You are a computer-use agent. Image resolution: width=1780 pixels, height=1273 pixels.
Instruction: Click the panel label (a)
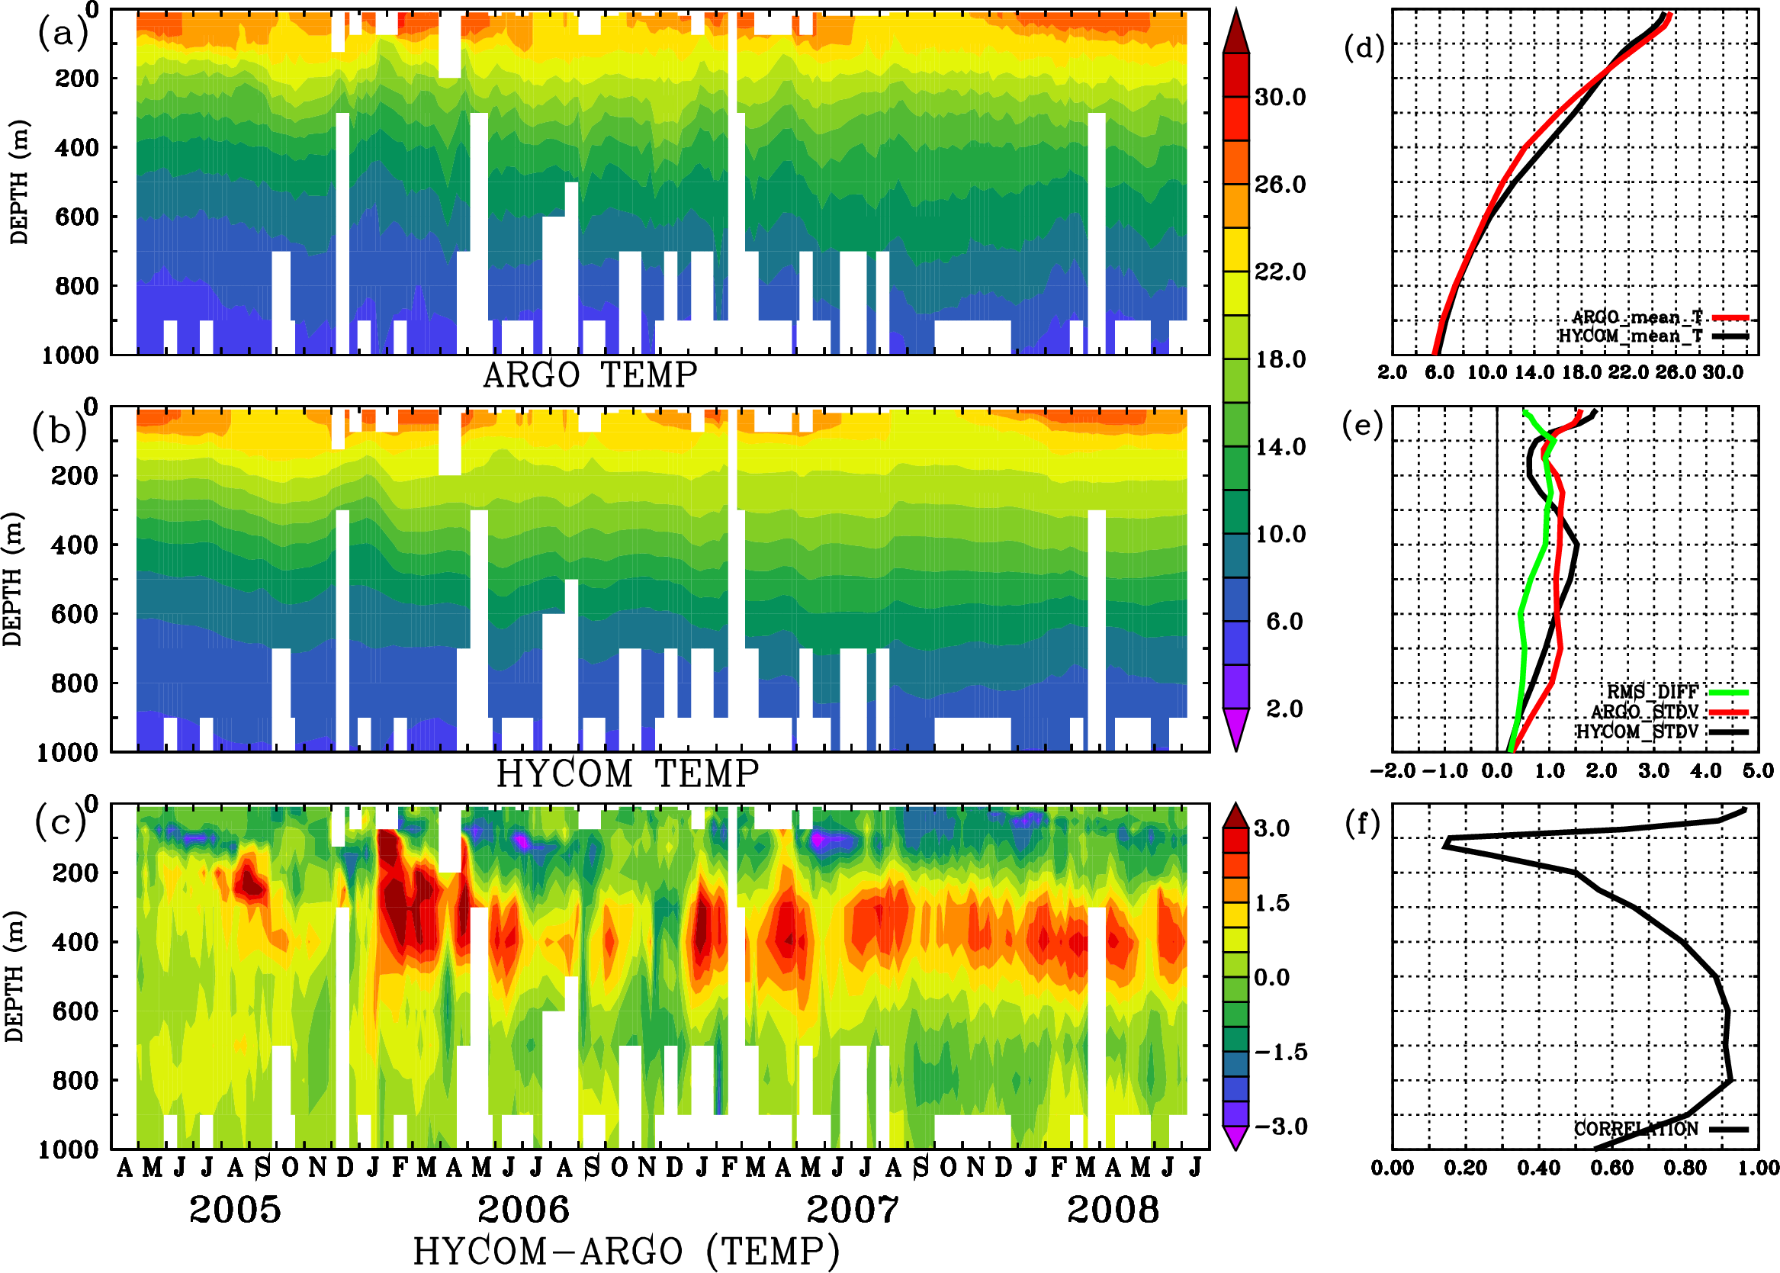click(x=62, y=34)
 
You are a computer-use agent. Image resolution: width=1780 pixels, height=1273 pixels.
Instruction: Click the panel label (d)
click(x=1364, y=48)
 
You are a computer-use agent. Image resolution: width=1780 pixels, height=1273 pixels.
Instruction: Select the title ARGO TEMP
click(x=590, y=375)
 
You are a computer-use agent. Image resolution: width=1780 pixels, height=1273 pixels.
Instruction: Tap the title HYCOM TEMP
click(x=627, y=773)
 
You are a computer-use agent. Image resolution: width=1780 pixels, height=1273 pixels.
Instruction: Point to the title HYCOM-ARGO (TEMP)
click(x=625, y=1251)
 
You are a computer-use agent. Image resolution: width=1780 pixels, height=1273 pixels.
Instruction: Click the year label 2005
click(x=235, y=1210)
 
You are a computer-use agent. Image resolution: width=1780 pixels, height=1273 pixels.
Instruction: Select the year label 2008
click(x=1112, y=1210)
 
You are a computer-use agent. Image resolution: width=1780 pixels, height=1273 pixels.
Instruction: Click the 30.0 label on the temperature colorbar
click(x=1280, y=97)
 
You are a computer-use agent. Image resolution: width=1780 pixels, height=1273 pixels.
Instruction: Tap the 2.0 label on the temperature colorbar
click(x=1284, y=709)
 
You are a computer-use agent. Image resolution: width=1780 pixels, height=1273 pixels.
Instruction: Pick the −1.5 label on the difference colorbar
click(x=1280, y=1052)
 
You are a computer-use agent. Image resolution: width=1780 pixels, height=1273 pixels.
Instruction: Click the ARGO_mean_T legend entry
click(x=1637, y=317)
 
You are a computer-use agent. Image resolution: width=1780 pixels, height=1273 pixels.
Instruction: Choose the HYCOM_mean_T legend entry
click(x=1631, y=336)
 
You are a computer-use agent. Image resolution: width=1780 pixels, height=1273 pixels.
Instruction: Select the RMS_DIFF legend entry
click(x=1652, y=692)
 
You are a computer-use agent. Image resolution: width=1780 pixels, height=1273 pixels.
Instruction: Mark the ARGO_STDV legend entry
click(x=1644, y=712)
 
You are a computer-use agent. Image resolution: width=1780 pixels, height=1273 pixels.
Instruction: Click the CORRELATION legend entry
click(x=1637, y=1129)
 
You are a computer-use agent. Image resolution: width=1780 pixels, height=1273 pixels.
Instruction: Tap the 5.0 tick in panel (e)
click(x=1758, y=770)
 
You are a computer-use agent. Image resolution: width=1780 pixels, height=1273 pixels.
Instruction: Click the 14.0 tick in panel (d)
click(x=1534, y=372)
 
